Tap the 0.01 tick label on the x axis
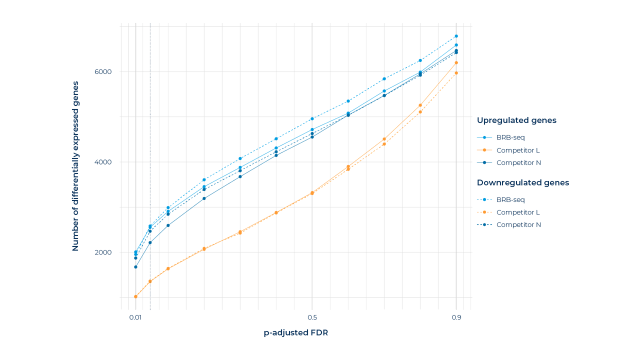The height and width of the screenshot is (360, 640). click(x=135, y=317)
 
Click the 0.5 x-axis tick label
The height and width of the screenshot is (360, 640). click(x=312, y=317)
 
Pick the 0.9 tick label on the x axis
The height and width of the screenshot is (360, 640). click(x=456, y=317)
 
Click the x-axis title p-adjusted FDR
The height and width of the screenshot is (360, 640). click(x=296, y=333)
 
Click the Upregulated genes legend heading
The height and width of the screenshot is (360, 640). click(x=516, y=120)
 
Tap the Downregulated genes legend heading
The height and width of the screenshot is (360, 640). click(x=523, y=182)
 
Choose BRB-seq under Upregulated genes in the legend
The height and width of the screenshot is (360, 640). click(x=510, y=137)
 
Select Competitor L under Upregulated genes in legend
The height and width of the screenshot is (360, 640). click(x=518, y=150)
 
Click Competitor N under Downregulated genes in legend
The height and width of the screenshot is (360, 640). click(x=518, y=225)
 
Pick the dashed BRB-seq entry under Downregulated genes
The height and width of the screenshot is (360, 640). click(x=510, y=200)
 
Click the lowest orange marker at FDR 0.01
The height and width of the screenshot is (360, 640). click(x=135, y=296)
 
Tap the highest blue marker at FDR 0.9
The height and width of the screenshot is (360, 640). click(x=456, y=36)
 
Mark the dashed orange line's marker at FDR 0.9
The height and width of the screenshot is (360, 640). click(x=456, y=73)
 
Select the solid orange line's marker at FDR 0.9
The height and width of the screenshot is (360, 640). click(x=456, y=62)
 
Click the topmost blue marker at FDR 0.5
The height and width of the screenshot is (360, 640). click(x=312, y=118)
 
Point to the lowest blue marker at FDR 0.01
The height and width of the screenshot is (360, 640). click(x=135, y=266)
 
